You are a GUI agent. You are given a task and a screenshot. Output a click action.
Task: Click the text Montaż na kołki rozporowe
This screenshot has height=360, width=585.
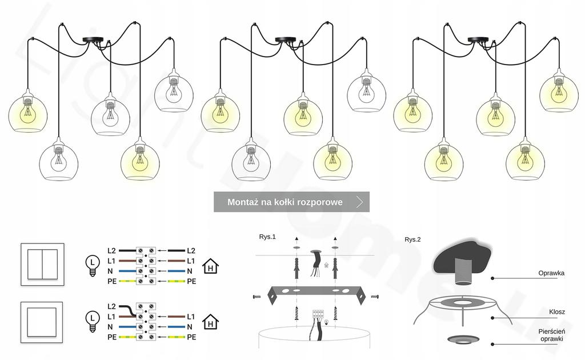285,202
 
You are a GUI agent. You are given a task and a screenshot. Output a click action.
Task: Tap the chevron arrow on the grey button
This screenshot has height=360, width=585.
359,202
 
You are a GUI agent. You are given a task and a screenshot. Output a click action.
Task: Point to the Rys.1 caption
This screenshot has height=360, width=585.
267,237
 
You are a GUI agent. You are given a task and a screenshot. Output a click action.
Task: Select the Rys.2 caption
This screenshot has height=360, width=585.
412,240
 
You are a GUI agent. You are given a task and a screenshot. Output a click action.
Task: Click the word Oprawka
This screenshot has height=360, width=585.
551,273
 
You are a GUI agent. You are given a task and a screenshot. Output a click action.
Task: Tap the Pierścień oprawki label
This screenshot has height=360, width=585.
551,335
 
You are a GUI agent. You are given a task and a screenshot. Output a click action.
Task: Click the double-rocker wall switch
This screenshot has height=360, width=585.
42,264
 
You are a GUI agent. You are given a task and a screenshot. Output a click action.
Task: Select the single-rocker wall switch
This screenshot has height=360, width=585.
42,323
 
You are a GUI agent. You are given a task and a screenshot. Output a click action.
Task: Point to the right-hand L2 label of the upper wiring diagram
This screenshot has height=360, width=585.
191,251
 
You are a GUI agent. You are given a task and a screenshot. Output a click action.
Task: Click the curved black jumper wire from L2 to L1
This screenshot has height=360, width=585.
129,310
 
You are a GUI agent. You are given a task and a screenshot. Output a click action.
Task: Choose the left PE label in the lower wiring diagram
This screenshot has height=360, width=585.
112,337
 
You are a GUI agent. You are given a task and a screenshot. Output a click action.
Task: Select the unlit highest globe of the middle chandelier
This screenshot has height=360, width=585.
366,91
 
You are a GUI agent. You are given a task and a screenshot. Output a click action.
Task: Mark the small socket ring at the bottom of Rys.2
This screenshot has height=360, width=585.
462,339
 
